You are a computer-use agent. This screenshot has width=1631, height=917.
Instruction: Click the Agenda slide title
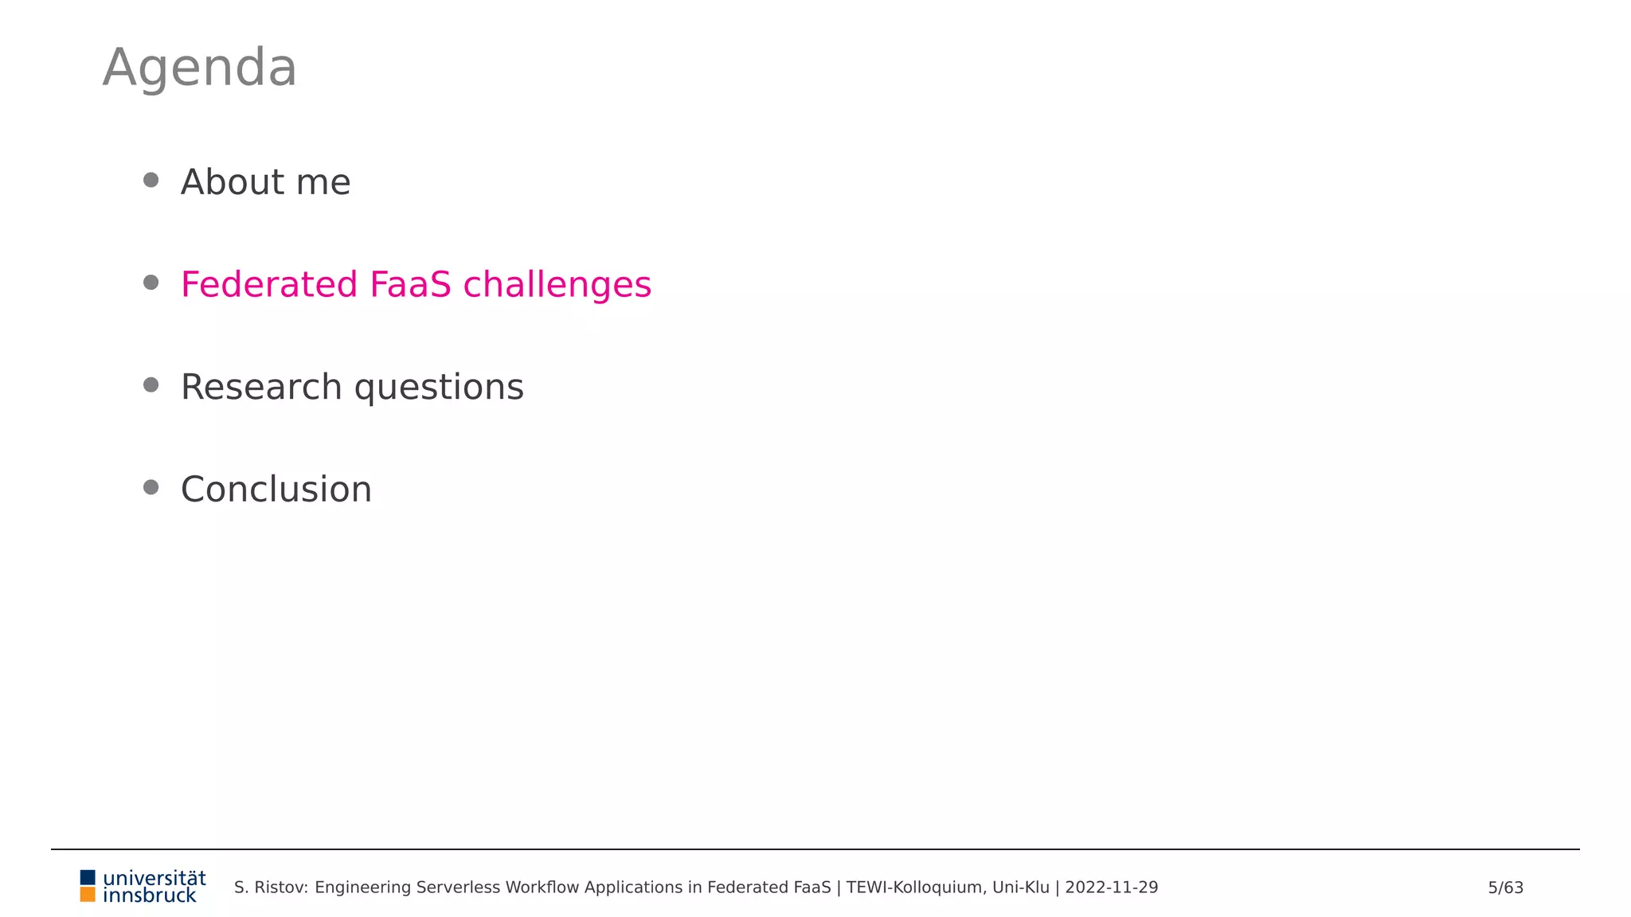(199, 68)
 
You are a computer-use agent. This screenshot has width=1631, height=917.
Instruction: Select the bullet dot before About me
(151, 180)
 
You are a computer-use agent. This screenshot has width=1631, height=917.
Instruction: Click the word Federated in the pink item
(269, 285)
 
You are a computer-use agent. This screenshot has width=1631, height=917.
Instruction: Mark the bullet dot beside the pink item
(151, 283)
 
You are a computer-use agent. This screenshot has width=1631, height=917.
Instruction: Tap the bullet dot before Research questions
(151, 385)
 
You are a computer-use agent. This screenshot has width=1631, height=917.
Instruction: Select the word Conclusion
(276, 490)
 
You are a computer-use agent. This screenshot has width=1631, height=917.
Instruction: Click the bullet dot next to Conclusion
(151, 487)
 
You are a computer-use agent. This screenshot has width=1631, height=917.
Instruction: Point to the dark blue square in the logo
(88, 877)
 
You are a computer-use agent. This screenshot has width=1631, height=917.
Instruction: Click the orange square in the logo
(88, 895)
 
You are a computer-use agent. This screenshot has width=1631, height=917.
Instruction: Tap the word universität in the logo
(154, 878)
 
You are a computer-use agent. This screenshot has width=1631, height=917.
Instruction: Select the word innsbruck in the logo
(150, 896)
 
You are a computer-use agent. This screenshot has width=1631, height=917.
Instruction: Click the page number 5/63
(1505, 888)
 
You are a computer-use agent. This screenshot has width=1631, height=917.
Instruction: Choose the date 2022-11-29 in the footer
(1111, 888)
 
